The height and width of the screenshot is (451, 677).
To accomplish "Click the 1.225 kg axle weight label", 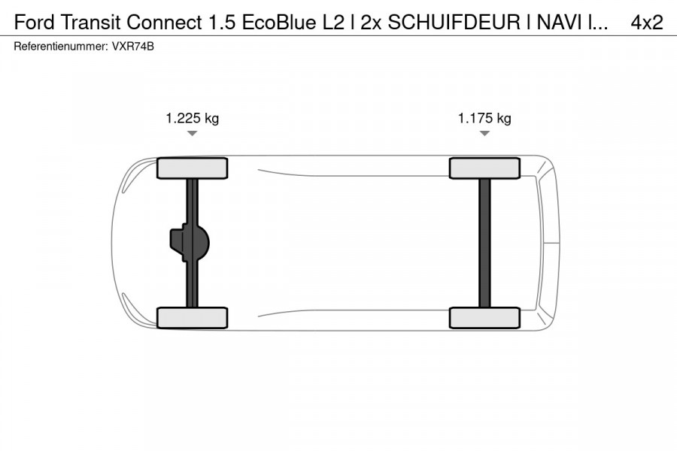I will [x=192, y=118].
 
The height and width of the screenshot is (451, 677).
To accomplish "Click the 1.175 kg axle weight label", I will [x=484, y=118].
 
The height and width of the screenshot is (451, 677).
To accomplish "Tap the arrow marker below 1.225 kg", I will [x=192, y=133].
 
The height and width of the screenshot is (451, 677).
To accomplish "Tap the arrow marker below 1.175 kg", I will [x=484, y=133].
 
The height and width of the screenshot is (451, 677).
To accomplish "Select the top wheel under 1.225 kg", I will [x=192, y=168].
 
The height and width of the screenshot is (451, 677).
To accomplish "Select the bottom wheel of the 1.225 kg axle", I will [x=192, y=317].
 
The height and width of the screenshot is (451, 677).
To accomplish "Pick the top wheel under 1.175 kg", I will [x=484, y=168].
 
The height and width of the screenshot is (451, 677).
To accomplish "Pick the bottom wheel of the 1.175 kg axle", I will [x=484, y=317].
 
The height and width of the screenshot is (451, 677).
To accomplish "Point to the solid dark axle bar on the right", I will [x=484, y=243].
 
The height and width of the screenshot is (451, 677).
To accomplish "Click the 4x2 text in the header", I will [x=646, y=23].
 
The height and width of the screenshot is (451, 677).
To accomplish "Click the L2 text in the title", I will [x=332, y=23].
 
